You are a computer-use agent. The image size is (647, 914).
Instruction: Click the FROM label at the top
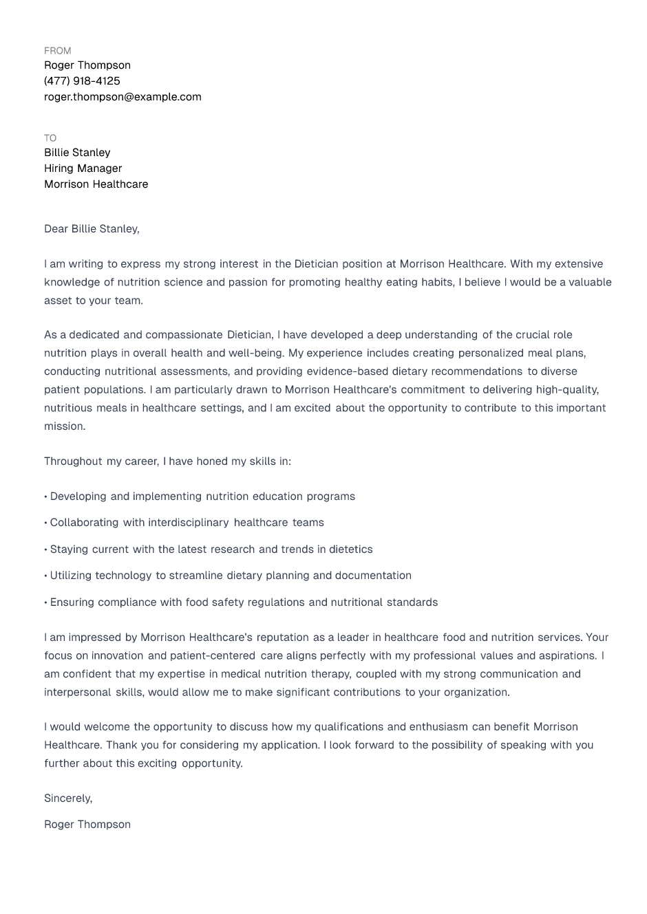tap(57, 51)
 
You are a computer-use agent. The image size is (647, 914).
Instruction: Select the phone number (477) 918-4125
tap(82, 81)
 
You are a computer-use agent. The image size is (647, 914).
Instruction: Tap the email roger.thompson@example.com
tap(123, 97)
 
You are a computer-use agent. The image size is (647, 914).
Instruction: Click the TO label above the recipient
tap(50, 138)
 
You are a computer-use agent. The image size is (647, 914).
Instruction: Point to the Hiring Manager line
tap(83, 168)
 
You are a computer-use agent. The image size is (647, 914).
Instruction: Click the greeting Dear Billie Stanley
tap(92, 229)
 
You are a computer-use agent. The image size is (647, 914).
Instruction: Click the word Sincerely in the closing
tap(67, 798)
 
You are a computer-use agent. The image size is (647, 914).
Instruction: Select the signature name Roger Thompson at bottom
tap(87, 825)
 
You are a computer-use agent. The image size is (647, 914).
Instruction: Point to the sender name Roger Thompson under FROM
tap(87, 65)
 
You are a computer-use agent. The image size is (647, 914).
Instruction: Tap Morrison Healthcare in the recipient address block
tap(96, 184)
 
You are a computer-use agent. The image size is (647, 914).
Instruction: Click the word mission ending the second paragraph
tap(64, 426)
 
